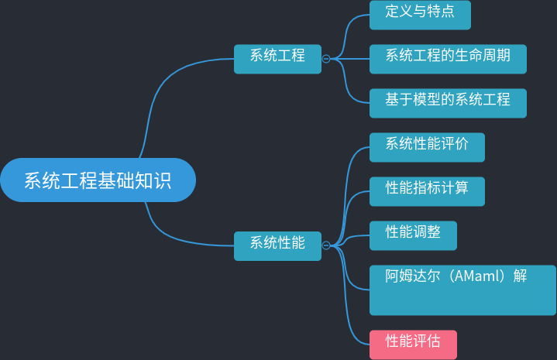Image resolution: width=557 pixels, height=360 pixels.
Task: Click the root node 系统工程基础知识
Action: pyautogui.click(x=98, y=180)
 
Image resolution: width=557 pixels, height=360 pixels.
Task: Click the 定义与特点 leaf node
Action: pyautogui.click(x=420, y=14)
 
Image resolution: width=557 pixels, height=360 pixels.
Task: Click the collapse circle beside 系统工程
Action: pyautogui.click(x=326, y=58)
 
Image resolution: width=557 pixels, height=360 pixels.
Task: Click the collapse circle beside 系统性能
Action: pyautogui.click(x=326, y=245)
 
